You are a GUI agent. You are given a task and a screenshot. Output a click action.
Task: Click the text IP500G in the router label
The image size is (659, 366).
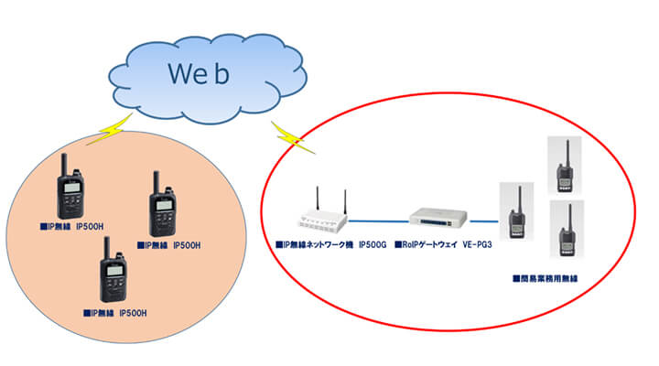374,246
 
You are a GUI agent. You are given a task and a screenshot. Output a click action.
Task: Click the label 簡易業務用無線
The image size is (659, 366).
550,278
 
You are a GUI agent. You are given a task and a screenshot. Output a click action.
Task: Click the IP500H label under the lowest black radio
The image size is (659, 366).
133,313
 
